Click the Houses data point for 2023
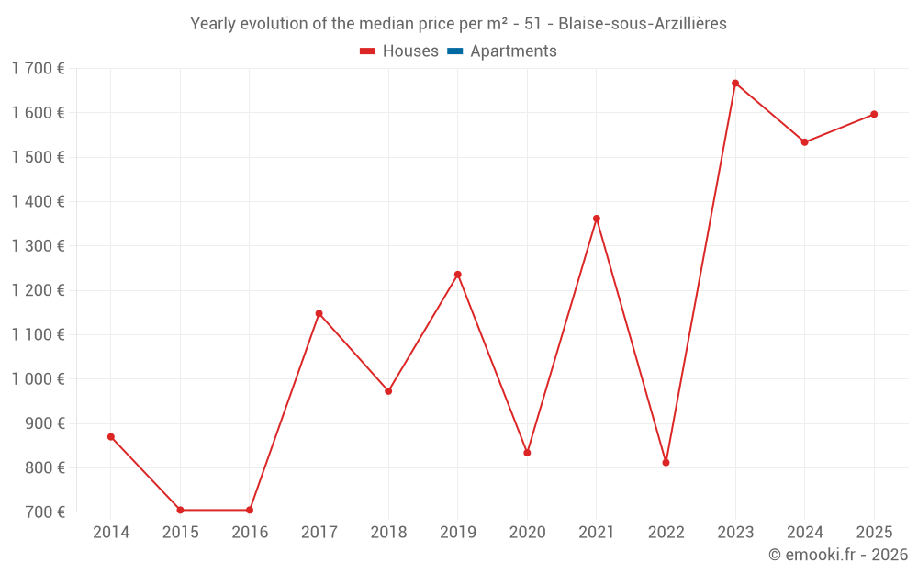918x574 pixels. [x=735, y=84]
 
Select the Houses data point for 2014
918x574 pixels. [x=111, y=437]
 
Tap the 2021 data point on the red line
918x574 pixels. [x=597, y=219]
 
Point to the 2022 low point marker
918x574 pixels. [x=666, y=462]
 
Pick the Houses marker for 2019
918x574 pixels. [x=458, y=275]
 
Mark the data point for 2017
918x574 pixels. [x=319, y=313]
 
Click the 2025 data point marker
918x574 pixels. [x=874, y=115]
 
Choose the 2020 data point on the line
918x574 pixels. [x=527, y=453]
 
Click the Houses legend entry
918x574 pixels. [x=399, y=51]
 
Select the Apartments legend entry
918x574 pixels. [x=502, y=51]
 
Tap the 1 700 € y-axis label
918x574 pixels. [x=38, y=68]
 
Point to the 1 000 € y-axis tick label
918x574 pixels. [x=38, y=379]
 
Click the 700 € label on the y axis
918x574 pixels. [x=45, y=512]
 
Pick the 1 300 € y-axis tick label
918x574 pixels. [x=38, y=246]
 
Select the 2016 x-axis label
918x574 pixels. [x=250, y=533]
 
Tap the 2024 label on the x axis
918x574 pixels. [x=804, y=533]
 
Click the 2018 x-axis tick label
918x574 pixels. [x=388, y=533]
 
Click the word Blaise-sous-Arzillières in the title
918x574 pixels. [x=643, y=24]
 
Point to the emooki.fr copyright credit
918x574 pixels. [x=838, y=555]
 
